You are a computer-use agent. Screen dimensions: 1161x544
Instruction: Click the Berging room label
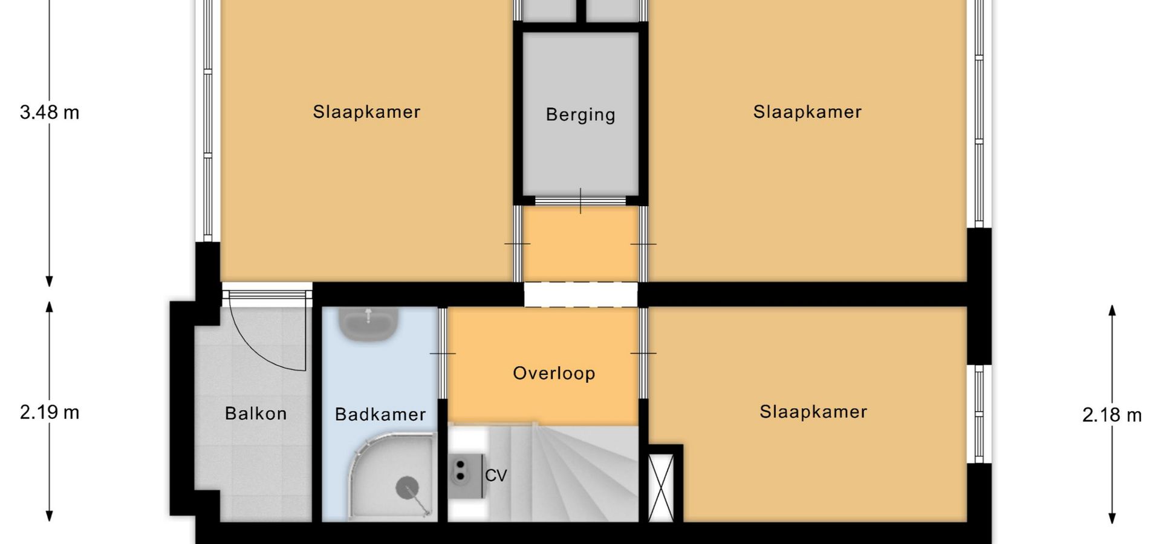(x=580, y=115)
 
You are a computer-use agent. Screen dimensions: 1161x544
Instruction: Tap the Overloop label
(x=554, y=374)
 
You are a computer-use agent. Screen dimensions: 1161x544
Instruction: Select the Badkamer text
(x=380, y=414)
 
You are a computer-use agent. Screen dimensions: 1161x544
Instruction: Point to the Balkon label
(x=256, y=413)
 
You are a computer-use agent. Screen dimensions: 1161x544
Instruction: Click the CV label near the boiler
(x=496, y=476)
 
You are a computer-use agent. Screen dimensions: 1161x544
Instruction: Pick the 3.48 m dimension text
(x=50, y=112)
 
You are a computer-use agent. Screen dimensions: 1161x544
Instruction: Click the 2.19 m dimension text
(x=50, y=412)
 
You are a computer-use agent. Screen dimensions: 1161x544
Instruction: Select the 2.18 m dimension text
(x=1112, y=415)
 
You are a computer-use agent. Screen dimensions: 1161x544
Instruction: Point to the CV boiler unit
(x=464, y=476)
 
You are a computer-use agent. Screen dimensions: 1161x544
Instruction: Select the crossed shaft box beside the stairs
(x=661, y=487)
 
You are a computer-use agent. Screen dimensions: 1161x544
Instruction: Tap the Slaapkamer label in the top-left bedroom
(x=366, y=112)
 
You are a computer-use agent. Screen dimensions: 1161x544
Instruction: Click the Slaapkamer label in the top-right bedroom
(x=807, y=112)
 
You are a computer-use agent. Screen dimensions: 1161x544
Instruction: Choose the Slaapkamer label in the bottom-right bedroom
(x=813, y=412)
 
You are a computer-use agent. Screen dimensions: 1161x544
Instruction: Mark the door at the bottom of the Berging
(x=580, y=201)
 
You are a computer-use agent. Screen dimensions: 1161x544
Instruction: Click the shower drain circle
(x=407, y=488)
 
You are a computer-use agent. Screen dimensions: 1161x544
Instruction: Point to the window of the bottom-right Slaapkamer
(x=979, y=414)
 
